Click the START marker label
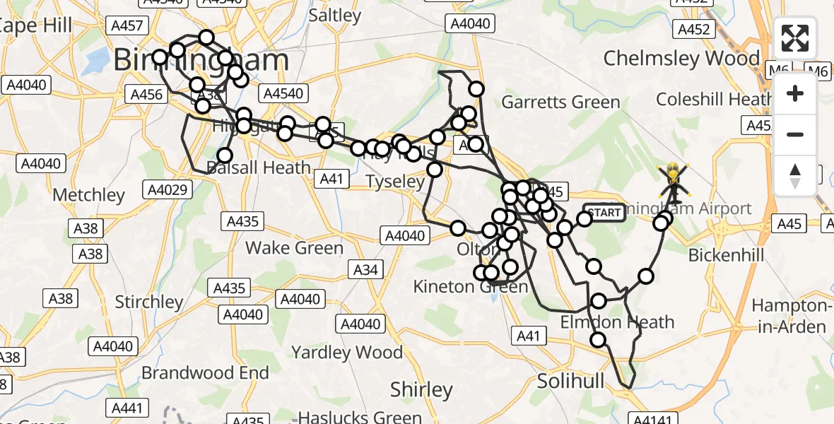[604, 213]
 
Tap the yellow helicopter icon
[674, 181]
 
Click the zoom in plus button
[795, 93]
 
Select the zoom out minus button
[795, 134]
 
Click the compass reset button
[795, 175]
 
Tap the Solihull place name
[570, 381]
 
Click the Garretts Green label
[560, 102]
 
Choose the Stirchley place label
[149, 302]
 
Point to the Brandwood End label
[206, 372]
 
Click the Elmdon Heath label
[617, 322]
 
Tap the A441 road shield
[127, 408]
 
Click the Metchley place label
[89, 194]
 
